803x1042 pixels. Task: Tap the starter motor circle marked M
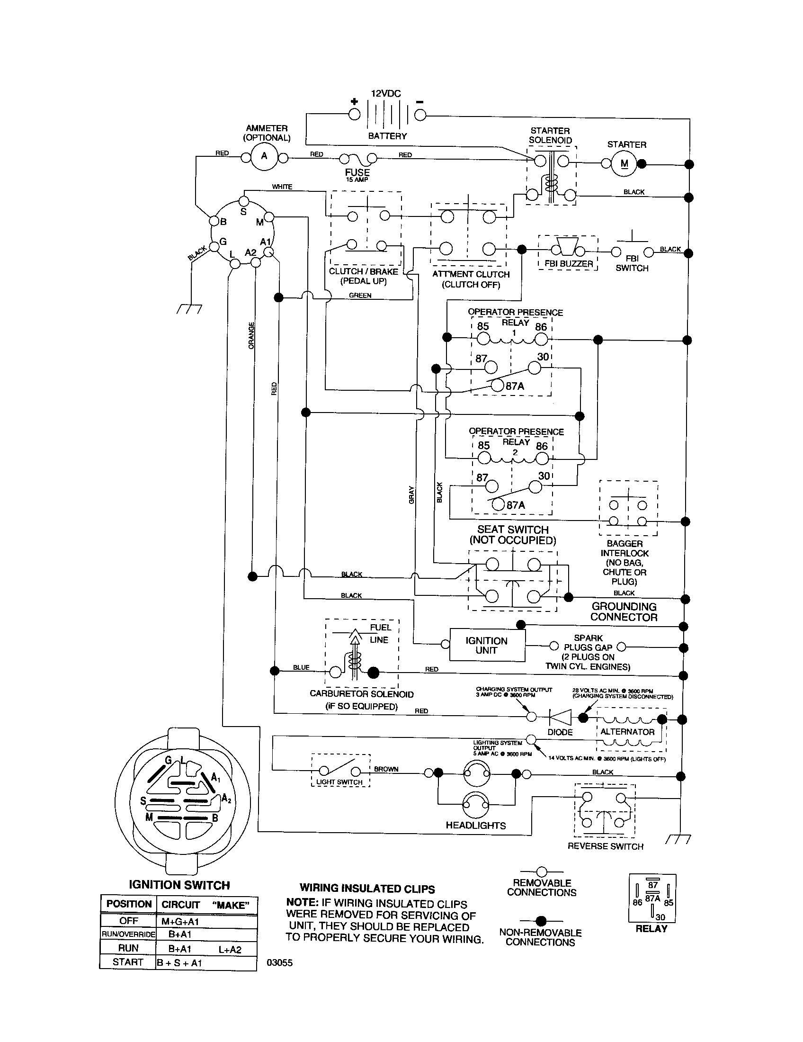click(624, 164)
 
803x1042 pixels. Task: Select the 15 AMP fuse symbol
click(357, 158)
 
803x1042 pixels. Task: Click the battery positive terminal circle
click(354, 114)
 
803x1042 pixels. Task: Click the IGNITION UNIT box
click(486, 646)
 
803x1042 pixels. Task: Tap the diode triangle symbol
click(561, 717)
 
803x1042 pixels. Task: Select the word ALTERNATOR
click(627, 732)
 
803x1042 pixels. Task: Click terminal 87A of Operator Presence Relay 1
click(497, 386)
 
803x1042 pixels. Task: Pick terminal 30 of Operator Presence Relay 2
click(535, 486)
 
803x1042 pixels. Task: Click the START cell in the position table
click(128, 962)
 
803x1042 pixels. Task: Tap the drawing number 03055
click(279, 963)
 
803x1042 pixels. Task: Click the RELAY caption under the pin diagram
click(651, 929)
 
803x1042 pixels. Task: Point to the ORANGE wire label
click(251, 335)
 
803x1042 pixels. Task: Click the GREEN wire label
click(360, 296)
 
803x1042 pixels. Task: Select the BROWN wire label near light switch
click(386, 769)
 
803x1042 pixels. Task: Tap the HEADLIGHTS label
click(475, 826)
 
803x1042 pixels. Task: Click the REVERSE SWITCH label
click(605, 846)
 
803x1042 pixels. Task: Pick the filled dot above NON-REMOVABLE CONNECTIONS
click(541, 921)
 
